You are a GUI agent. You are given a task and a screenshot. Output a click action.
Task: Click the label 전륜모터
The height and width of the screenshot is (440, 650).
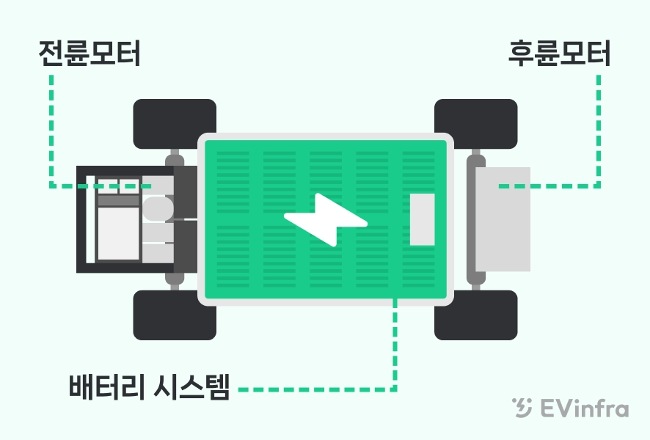click(90, 55)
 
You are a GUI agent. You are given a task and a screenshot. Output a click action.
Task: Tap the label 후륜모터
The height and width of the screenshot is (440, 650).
click(559, 55)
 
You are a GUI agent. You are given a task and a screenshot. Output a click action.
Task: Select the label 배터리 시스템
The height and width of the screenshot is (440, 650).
click(150, 386)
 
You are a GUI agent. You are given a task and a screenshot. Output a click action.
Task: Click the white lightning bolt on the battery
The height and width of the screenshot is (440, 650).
click(326, 219)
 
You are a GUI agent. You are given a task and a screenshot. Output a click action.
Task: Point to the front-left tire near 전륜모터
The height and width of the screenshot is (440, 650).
click(175, 122)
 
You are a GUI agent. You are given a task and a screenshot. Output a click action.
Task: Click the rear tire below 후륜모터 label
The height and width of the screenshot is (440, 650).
click(476, 122)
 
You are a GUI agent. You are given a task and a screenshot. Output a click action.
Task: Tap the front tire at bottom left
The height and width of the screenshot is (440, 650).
click(175, 315)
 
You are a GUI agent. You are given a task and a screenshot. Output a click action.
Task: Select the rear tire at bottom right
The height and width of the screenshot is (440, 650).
click(476, 315)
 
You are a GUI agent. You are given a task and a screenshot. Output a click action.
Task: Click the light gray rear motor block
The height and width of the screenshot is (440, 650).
click(503, 219)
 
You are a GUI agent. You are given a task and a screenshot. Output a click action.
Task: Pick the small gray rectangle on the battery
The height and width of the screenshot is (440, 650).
click(422, 219)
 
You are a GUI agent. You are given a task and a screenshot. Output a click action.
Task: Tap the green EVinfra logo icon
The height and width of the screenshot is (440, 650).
click(522, 408)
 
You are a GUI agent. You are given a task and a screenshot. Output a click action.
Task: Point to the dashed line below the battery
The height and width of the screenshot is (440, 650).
click(395, 345)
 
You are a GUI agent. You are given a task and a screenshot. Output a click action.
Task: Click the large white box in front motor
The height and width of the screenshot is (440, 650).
click(118, 232)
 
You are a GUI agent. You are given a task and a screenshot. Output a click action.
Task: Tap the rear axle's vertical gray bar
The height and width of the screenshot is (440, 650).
click(470, 219)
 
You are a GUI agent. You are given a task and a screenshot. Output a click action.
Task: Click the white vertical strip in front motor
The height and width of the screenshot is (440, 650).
click(90, 219)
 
